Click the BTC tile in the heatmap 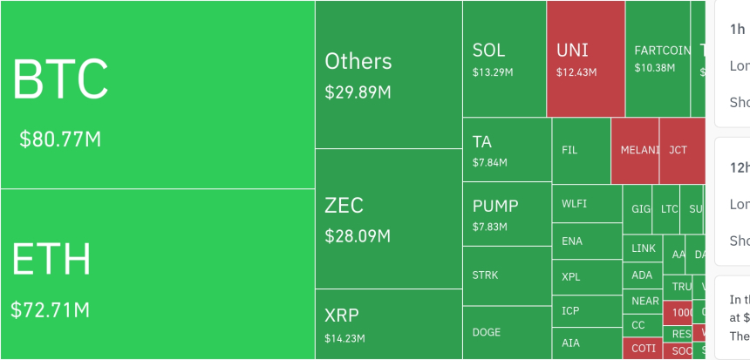point(157,94)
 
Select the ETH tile point(157,274)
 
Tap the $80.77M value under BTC point(60,139)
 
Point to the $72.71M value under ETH point(50,309)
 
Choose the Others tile point(388,74)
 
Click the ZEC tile point(388,218)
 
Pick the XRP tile point(388,323)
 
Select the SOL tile point(504,58)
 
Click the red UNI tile point(585,58)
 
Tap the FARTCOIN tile point(664,58)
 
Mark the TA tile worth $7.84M point(506,149)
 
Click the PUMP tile point(506,214)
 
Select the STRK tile point(506,275)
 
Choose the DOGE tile point(506,332)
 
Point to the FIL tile point(581,150)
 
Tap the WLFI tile point(586,204)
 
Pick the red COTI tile point(643,349)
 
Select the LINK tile point(643,248)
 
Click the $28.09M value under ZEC point(358,235)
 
